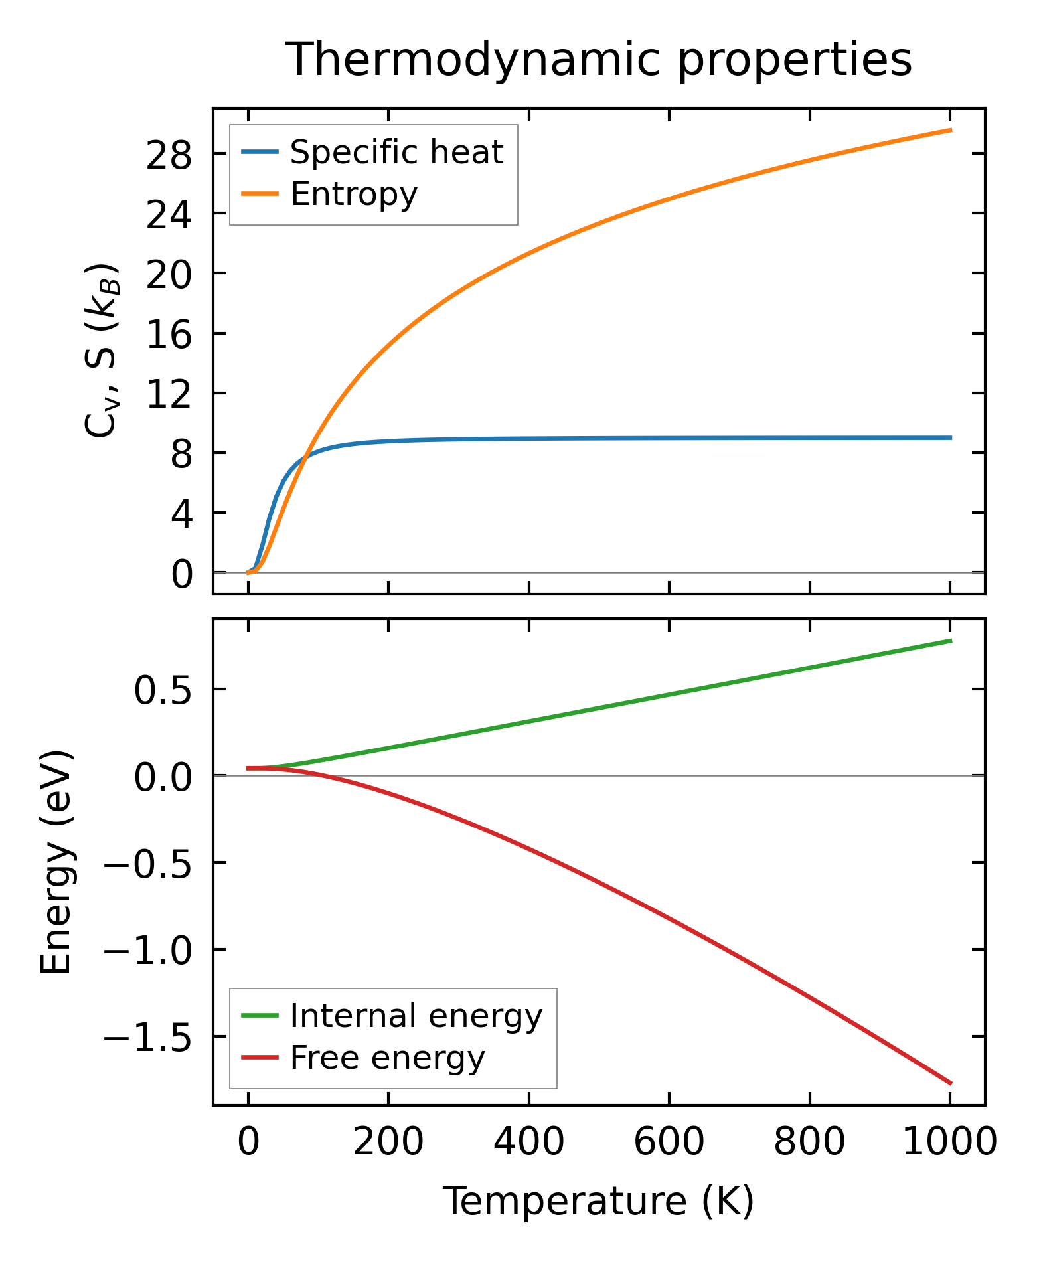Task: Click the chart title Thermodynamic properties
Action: (599, 60)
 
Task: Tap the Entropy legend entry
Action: (353, 195)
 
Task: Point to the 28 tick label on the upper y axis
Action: (169, 155)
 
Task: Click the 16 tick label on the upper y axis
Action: (169, 335)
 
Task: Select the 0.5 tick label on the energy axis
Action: (163, 690)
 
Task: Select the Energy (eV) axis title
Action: (56, 862)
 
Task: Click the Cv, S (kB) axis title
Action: (102, 351)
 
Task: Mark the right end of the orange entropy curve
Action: (951, 130)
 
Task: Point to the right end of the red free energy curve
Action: (951, 1083)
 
